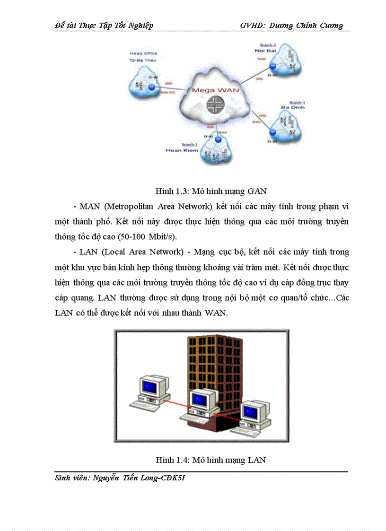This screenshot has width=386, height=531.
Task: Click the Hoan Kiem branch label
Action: click(181, 150)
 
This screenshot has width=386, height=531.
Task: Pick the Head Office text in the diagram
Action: click(143, 53)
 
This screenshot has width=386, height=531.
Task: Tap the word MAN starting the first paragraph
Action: click(88, 207)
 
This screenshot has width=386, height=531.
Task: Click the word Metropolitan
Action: click(126, 207)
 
